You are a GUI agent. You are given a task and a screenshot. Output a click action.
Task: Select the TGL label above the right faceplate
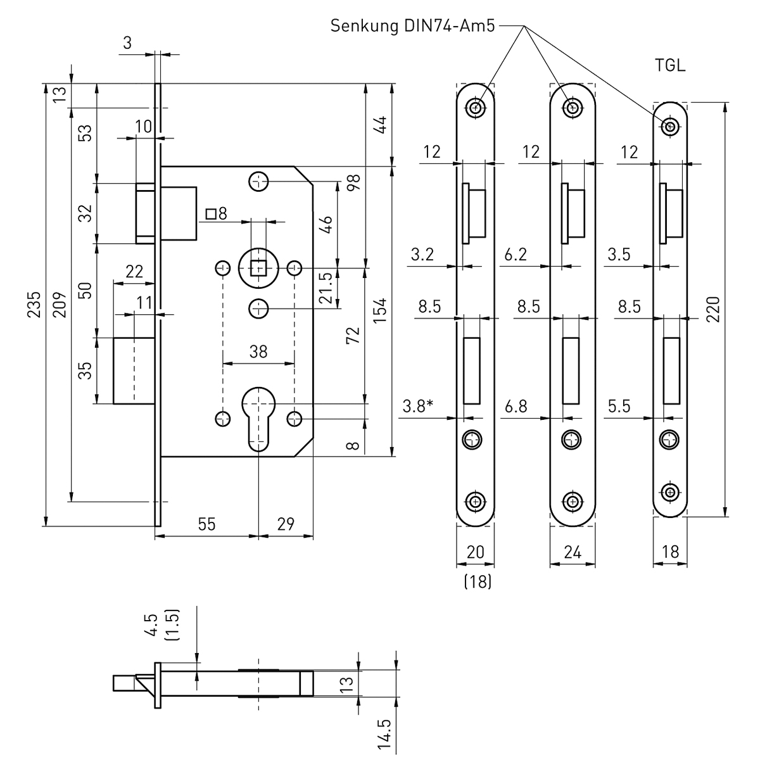(x=671, y=66)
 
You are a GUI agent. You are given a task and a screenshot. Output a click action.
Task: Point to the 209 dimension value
(x=60, y=305)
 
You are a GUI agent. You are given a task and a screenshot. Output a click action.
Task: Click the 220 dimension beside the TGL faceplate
(x=714, y=308)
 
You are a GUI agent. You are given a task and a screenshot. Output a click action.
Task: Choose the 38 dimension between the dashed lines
(x=258, y=351)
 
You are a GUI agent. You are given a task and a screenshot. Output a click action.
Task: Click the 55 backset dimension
(x=207, y=524)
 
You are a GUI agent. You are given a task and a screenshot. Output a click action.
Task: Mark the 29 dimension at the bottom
(x=286, y=524)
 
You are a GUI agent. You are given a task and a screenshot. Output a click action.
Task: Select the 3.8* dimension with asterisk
(x=419, y=406)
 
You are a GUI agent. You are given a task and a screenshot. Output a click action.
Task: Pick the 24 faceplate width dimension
(x=573, y=552)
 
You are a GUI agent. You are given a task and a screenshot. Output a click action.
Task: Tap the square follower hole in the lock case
(x=258, y=268)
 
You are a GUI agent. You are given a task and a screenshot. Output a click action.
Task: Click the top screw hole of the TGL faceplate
(x=669, y=127)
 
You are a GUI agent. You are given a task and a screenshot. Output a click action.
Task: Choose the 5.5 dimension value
(x=619, y=406)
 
